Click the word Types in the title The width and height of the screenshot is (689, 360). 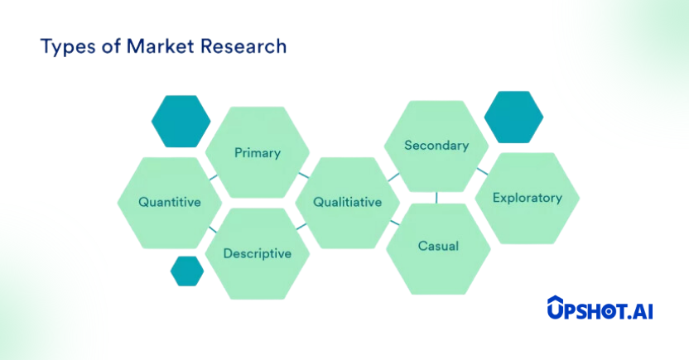pyautogui.click(x=68, y=47)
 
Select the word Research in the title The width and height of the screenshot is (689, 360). pyautogui.click(x=243, y=46)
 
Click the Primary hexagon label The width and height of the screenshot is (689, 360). pyautogui.click(x=258, y=153)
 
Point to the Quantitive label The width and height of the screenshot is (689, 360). pyautogui.click(x=170, y=202)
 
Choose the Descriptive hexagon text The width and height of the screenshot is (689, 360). pyautogui.click(x=258, y=253)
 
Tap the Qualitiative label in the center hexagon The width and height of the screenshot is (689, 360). pyautogui.click(x=348, y=202)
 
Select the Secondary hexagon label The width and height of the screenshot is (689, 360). pyautogui.click(x=436, y=146)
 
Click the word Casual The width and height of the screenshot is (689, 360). pyautogui.click(x=439, y=246)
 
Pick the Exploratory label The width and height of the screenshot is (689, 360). pyautogui.click(x=528, y=198)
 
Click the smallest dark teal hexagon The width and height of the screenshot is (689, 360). pyautogui.click(x=187, y=271)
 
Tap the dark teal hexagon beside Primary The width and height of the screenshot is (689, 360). pyautogui.click(x=181, y=121)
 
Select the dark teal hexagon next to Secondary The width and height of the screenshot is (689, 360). pyautogui.click(x=513, y=118)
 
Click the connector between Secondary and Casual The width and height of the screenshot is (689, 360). pyautogui.click(x=436, y=198)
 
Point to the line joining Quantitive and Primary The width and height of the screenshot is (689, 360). pyautogui.click(x=214, y=177)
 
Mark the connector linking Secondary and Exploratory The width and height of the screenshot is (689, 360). pyautogui.click(x=483, y=171)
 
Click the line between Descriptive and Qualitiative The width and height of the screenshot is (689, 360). pyautogui.click(x=301, y=227)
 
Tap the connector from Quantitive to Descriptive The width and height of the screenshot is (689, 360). pyautogui.click(x=213, y=229)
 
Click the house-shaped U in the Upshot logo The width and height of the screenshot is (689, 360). pyautogui.click(x=556, y=307)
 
